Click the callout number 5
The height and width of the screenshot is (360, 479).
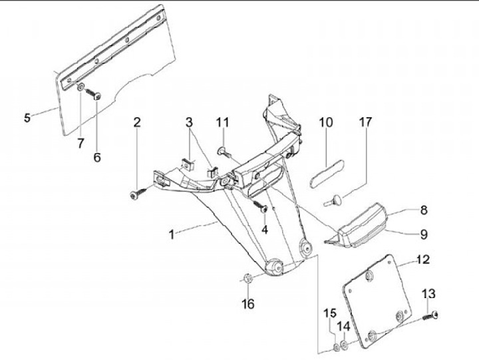click(27, 118)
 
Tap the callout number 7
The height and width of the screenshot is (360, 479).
click(80, 143)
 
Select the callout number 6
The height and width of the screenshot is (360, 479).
click(97, 158)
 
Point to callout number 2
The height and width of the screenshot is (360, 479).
click(137, 122)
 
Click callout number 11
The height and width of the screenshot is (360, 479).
click(222, 122)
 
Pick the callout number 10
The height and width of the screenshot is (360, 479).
click(325, 122)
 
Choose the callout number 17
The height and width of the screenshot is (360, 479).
click(365, 122)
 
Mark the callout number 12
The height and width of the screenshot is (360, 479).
click(424, 259)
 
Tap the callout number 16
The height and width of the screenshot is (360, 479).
click(248, 304)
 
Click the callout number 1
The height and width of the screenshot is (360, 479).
click(172, 234)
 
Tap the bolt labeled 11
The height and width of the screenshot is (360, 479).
click(223, 152)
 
